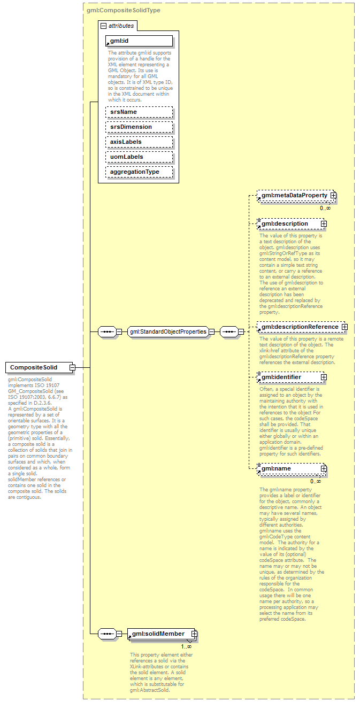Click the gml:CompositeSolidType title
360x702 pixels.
pyautogui.click(x=123, y=10)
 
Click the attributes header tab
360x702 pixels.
pyautogui.click(x=121, y=25)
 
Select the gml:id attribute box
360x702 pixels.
pyautogui.click(x=139, y=41)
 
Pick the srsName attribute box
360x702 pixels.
pyautogui.click(x=139, y=112)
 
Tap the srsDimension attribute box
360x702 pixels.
pyautogui.click(x=139, y=127)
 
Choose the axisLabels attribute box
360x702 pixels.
pyautogui.click(x=139, y=142)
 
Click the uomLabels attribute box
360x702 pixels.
pyautogui.click(x=139, y=157)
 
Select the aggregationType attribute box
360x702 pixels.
pyautogui.click(x=139, y=172)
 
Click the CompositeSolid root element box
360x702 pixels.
pyautogui.click(x=36, y=367)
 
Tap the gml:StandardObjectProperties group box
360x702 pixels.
pyautogui.click(x=167, y=331)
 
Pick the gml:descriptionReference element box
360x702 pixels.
pyautogui.click(x=299, y=327)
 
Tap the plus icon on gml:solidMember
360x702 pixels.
pyautogui.click(x=194, y=634)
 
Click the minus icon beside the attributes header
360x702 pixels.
pyautogui.click(x=103, y=25)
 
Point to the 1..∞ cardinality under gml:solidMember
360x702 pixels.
pyautogui.click(x=186, y=646)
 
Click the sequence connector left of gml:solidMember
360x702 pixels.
pyautogui.click(x=108, y=634)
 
